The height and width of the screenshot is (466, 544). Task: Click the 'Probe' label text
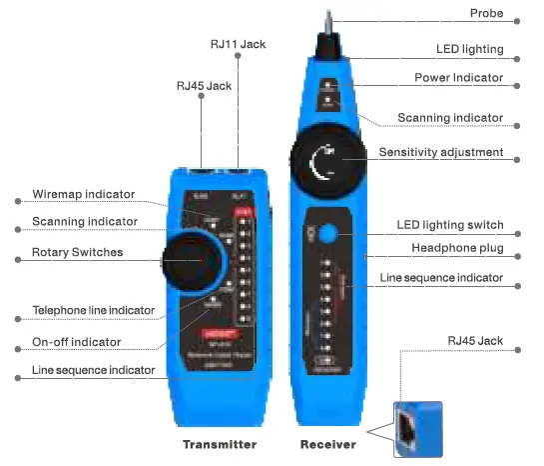(x=486, y=14)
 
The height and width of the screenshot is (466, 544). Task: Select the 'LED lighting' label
(x=469, y=47)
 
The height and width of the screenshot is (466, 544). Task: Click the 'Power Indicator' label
(x=459, y=78)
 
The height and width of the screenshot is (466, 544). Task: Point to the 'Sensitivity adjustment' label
(x=441, y=153)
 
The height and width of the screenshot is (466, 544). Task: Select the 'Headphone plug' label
(x=457, y=248)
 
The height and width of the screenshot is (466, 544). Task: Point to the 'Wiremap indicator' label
(x=84, y=194)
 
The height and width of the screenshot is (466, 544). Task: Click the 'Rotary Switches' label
(x=78, y=252)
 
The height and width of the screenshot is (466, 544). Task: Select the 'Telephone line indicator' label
(x=93, y=311)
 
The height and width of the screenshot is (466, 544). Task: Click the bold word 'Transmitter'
(x=220, y=444)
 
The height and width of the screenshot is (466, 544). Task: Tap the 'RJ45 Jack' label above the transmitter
(x=204, y=86)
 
